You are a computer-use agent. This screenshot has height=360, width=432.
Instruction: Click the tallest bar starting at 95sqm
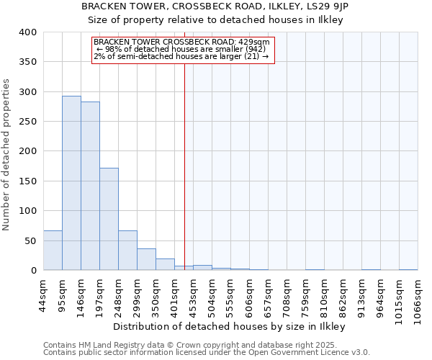click(x=71, y=183)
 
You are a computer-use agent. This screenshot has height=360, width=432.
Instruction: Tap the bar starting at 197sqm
click(x=109, y=219)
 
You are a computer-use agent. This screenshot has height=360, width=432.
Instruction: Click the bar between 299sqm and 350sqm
click(x=146, y=259)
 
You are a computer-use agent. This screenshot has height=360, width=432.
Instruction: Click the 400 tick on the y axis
click(x=27, y=32)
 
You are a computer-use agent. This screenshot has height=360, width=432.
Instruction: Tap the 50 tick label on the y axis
click(x=30, y=240)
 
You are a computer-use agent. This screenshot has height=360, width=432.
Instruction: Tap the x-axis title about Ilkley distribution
click(x=230, y=327)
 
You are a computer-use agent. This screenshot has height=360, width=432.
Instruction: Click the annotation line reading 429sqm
click(x=181, y=42)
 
